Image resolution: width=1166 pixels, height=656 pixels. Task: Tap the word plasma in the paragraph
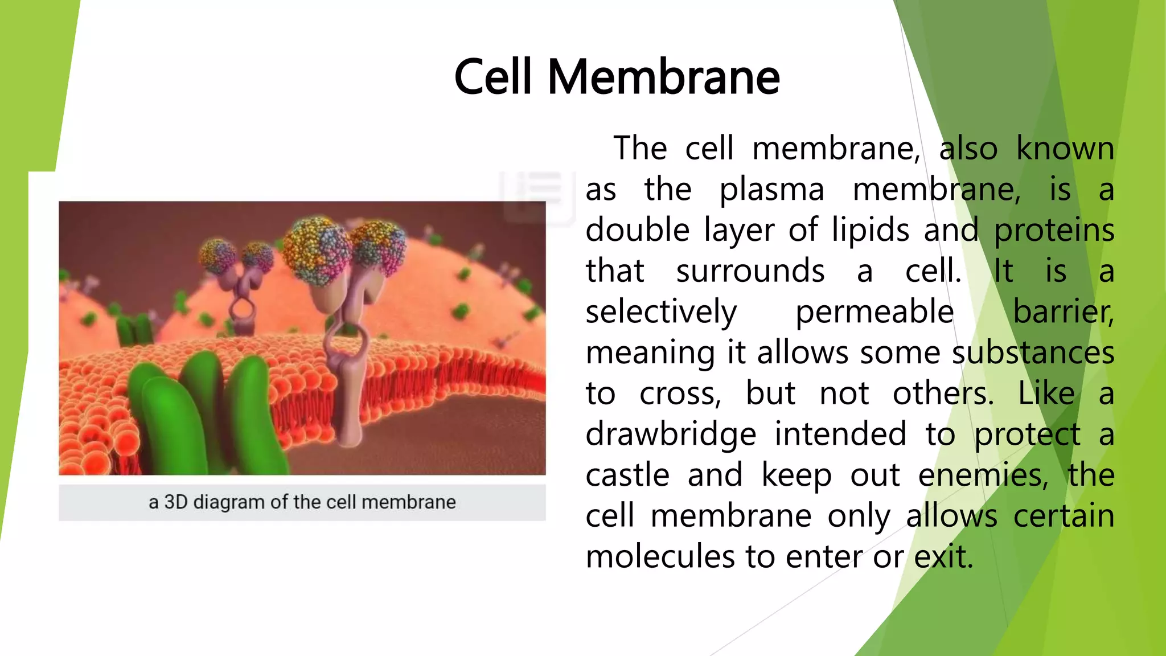click(x=771, y=190)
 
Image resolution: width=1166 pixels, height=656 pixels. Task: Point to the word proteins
click(x=1054, y=231)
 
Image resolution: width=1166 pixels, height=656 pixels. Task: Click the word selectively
click(x=661, y=312)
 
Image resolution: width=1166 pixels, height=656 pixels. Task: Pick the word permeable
click(x=874, y=312)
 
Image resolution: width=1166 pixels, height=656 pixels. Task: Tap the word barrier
click(x=1063, y=312)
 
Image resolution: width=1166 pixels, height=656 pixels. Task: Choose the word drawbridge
click(x=671, y=434)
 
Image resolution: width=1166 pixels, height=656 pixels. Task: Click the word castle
click(x=627, y=475)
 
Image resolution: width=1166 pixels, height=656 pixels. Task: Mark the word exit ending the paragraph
click(x=943, y=556)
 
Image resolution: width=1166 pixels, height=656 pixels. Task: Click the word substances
click(x=1033, y=352)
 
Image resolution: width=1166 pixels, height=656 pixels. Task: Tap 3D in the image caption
click(x=175, y=502)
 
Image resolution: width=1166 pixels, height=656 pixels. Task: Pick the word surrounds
click(x=750, y=271)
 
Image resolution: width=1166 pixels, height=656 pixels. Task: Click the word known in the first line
click(x=1065, y=149)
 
